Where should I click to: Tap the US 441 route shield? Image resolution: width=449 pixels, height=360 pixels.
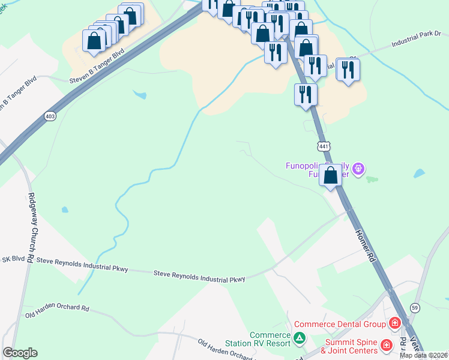[x=323, y=146]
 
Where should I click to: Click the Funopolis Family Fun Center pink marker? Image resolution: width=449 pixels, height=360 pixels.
[x=358, y=169]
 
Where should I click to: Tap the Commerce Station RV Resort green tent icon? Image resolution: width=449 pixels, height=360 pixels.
[x=299, y=339]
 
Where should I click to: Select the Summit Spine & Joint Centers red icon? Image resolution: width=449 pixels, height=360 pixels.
[x=385, y=346]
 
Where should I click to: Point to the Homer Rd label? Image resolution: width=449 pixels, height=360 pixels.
[x=364, y=246]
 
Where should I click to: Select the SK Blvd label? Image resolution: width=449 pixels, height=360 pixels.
[x=13, y=259]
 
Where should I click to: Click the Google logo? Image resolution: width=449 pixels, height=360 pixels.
[x=20, y=353]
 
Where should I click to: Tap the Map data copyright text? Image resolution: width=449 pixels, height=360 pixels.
[x=424, y=355]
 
